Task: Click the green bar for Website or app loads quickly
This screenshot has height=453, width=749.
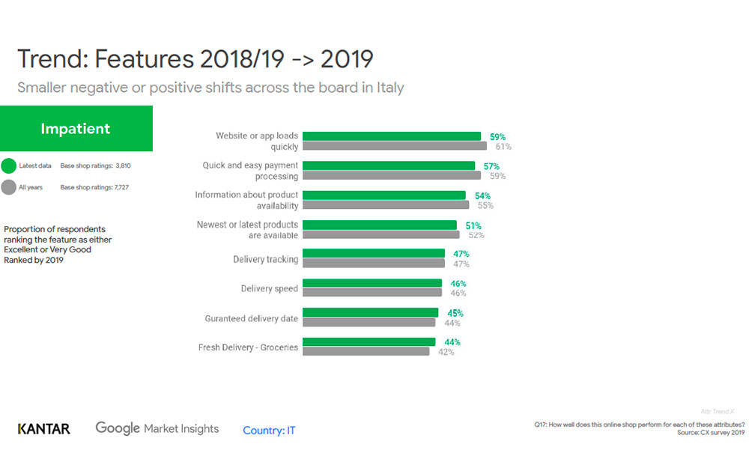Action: pos(391,136)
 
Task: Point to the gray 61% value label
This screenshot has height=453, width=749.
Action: pos(503,147)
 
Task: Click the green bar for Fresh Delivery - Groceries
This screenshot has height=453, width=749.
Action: pos(369,341)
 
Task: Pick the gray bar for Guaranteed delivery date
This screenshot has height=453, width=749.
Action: pos(369,323)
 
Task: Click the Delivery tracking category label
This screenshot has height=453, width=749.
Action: pos(265,259)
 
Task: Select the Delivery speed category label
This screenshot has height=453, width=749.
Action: pos(269,288)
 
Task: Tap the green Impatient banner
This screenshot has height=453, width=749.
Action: pos(76,129)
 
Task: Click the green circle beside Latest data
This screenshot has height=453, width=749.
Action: pos(9,165)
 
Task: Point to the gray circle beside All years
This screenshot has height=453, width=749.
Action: pos(9,187)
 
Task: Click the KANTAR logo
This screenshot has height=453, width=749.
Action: pos(44,429)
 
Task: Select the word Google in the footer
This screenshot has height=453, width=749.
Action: pos(118,428)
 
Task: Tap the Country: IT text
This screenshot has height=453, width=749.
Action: pos(269,431)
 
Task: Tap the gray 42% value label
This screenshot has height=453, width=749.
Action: pos(446,352)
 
